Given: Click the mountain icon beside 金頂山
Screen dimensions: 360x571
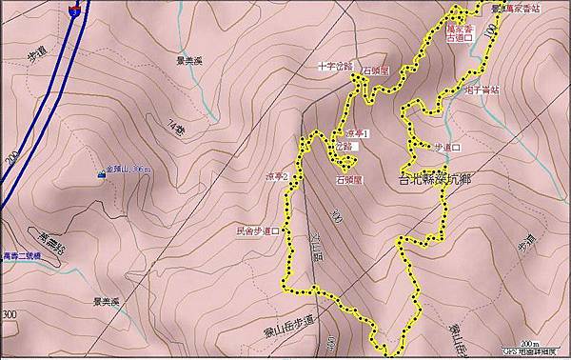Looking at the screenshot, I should pyautogui.click(x=101, y=174).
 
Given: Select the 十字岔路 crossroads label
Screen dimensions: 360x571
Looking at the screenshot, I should pyautogui.click(x=335, y=67).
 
